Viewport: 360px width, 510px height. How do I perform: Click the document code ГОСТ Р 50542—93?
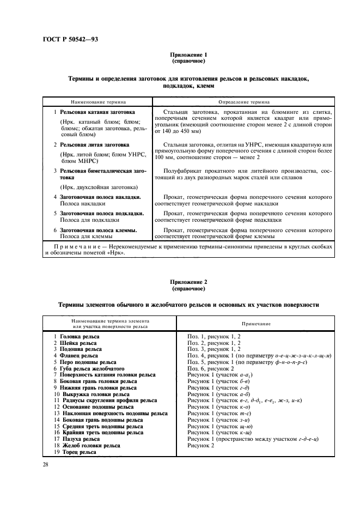[x=66, y=40]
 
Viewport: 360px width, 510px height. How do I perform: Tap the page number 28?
[x=45, y=464]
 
